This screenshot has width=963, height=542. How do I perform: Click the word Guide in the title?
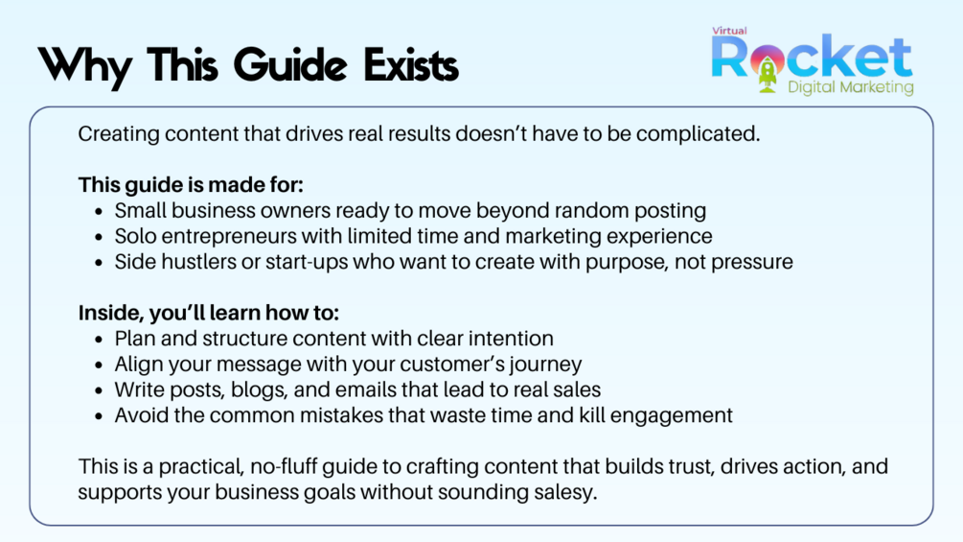(x=290, y=64)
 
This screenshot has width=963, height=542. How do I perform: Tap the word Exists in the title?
(x=411, y=64)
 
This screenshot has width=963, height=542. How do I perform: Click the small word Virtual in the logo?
(x=729, y=31)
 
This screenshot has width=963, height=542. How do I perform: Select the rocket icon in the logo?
(x=768, y=73)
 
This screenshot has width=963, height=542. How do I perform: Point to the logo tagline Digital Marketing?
(x=851, y=87)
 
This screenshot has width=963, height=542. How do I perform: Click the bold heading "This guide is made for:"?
(x=191, y=185)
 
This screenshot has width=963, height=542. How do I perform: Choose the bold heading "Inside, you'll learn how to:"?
(x=208, y=313)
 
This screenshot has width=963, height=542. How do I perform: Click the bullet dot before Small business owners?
(x=99, y=212)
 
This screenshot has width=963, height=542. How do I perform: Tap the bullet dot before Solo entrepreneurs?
(x=99, y=238)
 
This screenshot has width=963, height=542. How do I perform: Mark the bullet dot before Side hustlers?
(x=99, y=263)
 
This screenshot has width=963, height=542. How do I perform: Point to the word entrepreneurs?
(x=228, y=237)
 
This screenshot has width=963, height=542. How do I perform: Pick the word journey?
(x=546, y=365)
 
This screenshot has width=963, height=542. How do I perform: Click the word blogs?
(x=259, y=390)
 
